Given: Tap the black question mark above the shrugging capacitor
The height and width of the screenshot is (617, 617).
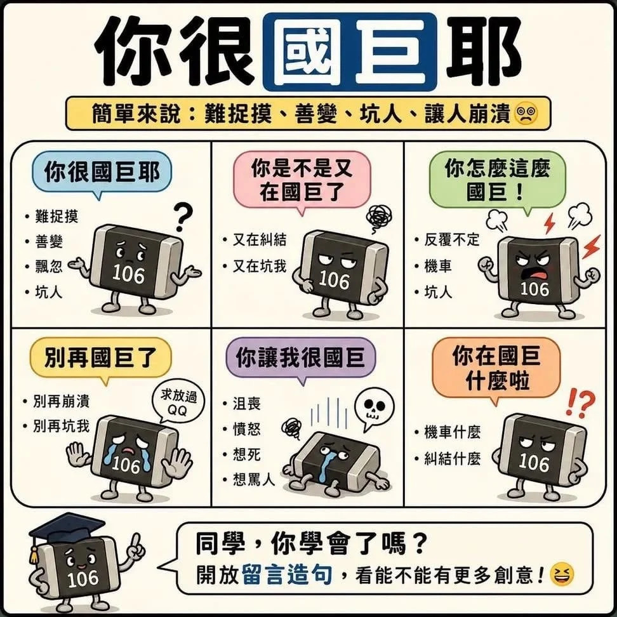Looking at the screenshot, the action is pyautogui.click(x=183, y=217).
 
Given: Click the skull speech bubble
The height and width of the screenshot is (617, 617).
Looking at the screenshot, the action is pyautogui.click(x=374, y=409).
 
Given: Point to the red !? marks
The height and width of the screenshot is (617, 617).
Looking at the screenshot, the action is pyautogui.click(x=580, y=402).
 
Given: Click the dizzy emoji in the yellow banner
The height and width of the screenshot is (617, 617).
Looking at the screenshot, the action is pyautogui.click(x=526, y=114).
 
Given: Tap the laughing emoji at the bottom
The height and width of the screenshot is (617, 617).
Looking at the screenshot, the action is pyautogui.click(x=562, y=574).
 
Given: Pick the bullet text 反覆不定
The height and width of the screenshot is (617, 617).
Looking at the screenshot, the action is pyautogui.click(x=452, y=239).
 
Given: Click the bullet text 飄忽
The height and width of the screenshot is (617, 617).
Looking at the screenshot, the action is pyautogui.click(x=49, y=267).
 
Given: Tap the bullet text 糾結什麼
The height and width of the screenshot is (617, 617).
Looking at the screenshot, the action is pyautogui.click(x=453, y=458).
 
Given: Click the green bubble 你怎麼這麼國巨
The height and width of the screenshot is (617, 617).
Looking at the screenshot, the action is pyautogui.click(x=498, y=182).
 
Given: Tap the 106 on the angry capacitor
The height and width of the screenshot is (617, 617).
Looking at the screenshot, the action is pyautogui.click(x=534, y=289).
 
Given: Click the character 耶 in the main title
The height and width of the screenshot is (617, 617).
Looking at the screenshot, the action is pyautogui.click(x=484, y=51).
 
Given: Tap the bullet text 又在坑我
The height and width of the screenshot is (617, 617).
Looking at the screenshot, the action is pyautogui.click(x=260, y=267).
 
